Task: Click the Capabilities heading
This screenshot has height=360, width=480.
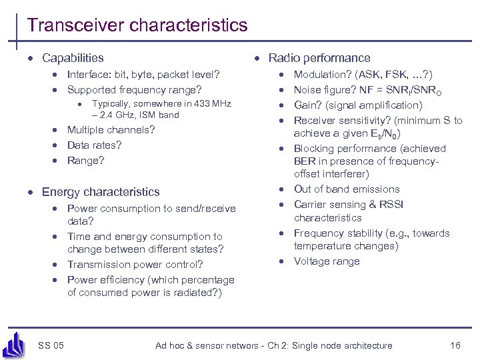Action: (x=73, y=59)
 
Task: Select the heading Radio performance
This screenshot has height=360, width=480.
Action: (x=319, y=59)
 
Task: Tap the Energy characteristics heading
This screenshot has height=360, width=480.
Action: (x=101, y=192)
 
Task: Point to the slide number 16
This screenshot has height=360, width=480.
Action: (x=455, y=345)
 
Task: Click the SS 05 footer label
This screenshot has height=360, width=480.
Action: (x=51, y=345)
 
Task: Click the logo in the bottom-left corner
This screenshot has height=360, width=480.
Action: (x=15, y=344)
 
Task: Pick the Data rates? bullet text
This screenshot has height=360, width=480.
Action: (x=94, y=145)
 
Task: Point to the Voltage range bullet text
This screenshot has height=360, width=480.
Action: (x=327, y=261)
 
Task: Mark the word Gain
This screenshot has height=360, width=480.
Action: (x=306, y=105)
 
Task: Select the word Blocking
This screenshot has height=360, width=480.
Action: (x=314, y=149)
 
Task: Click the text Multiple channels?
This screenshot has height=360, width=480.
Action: (x=111, y=130)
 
